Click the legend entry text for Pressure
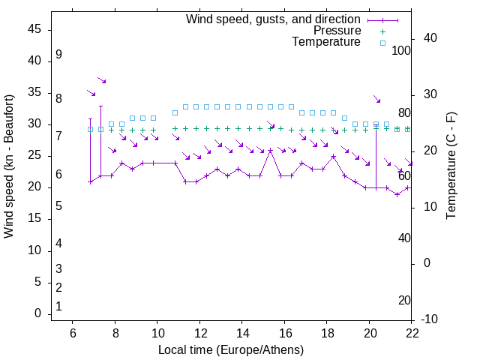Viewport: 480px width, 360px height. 337,31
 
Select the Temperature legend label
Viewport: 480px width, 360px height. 326,42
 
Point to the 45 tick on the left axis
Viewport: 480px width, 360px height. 34,29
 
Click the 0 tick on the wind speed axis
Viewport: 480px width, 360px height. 37,313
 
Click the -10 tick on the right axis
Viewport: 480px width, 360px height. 431,319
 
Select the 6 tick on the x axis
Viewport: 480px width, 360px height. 73,333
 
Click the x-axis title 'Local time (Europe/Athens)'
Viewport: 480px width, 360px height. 231,349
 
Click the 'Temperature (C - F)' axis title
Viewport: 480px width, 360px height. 451,166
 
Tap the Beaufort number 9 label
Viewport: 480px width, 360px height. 58,55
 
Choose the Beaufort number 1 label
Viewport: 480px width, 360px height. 58,307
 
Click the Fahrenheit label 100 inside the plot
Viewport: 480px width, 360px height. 402,51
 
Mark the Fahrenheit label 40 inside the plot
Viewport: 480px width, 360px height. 404,238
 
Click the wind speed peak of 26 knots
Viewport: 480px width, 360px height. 270,150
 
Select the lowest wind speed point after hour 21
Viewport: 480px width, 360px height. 397,194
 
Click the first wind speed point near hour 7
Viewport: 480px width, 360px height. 90,181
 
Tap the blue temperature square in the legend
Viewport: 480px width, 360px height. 382,43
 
